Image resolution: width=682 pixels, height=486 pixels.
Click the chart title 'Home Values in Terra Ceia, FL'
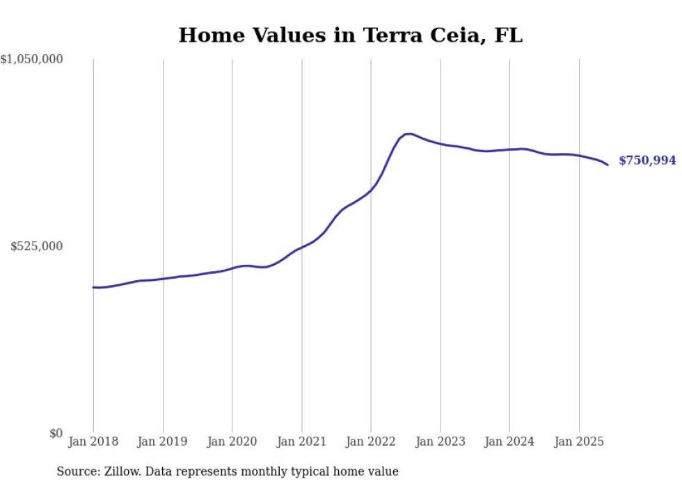[350, 35]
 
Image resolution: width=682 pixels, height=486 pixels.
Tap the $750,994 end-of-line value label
[647, 161]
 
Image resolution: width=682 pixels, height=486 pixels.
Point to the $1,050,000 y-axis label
[31, 60]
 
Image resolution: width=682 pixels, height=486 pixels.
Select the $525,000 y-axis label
[37, 246]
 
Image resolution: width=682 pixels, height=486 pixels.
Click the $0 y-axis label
[56, 433]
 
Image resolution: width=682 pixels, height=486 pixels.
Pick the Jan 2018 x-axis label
[93, 442]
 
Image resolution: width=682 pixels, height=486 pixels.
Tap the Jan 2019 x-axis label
[162, 442]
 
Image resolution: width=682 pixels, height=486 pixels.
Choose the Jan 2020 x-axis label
[232, 442]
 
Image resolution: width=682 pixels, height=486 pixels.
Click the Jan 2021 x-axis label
[301, 442]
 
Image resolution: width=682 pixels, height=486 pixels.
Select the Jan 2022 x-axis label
[371, 442]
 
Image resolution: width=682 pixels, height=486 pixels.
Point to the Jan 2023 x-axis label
[440, 442]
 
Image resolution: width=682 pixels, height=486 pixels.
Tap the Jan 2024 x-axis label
[509, 442]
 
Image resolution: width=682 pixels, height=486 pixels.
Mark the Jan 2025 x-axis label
[579, 442]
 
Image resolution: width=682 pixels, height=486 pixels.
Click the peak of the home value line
[408, 133]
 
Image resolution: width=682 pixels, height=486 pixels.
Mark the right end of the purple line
[608, 165]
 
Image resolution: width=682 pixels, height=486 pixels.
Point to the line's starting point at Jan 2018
[94, 287]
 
